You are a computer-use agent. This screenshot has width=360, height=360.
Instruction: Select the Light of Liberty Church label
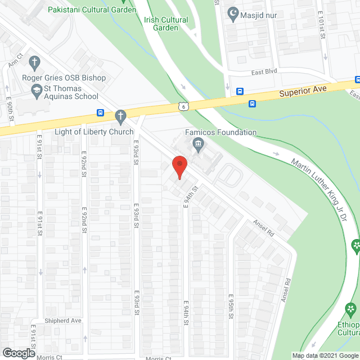[94, 132]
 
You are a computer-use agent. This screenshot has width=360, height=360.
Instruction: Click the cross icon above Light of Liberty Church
[120, 116]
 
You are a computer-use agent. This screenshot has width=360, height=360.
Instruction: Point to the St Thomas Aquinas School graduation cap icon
[36, 89]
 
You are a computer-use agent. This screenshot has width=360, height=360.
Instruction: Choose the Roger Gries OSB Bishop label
[64, 78]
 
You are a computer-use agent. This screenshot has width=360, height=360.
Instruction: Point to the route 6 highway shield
[183, 106]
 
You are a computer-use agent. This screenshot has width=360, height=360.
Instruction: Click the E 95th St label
[231, 306]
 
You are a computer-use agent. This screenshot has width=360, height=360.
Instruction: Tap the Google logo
[18, 353]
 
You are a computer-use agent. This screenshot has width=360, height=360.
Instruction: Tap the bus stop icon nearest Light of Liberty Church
[100, 112]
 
